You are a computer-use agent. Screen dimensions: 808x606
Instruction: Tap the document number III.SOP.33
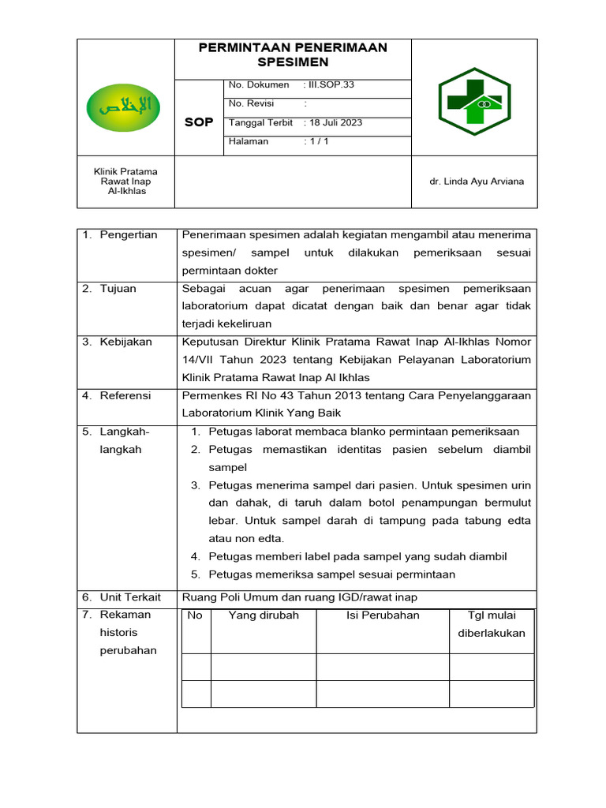pyautogui.click(x=326, y=85)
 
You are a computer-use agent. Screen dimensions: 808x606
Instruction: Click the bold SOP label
pyautogui.click(x=199, y=122)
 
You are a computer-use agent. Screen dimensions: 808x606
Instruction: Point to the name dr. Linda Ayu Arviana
pyautogui.click(x=477, y=181)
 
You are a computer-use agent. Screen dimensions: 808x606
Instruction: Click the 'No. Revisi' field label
pyautogui.click(x=248, y=103)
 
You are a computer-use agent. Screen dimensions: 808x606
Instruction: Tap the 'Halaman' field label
pyautogui.click(x=249, y=142)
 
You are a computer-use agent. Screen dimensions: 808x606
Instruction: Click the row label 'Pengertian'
pyautogui.click(x=129, y=234)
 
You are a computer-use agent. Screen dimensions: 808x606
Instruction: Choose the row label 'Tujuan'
pyautogui.click(x=118, y=288)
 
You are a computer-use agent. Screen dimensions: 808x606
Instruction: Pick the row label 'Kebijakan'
pyautogui.click(x=126, y=342)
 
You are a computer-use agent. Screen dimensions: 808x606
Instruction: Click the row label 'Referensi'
pyautogui.click(x=125, y=395)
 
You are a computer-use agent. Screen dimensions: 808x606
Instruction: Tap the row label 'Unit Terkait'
pyautogui.click(x=129, y=597)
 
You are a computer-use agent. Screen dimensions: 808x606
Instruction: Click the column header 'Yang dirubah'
pyautogui.click(x=264, y=615)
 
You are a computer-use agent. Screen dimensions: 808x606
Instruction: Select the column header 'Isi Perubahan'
pyautogui.click(x=383, y=615)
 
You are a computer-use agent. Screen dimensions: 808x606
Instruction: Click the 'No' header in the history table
pyautogui.click(x=196, y=615)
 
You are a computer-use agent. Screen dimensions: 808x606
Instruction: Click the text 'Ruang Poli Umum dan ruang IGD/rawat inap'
pyautogui.click(x=299, y=597)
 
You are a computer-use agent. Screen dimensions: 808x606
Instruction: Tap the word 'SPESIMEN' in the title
pyautogui.click(x=293, y=62)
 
